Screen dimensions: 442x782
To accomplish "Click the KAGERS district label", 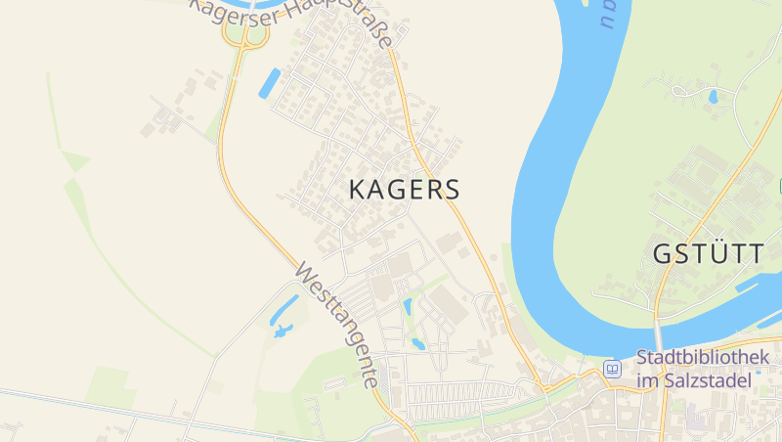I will pos(404,190).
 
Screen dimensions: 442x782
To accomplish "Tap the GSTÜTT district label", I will pos(709,253).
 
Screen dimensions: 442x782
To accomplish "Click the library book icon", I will pos(613,369).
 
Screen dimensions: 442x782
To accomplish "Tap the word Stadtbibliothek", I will pos(702,358).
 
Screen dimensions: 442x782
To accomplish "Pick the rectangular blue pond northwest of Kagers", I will pos(269,83).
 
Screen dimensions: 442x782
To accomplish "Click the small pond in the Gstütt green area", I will pos(714,97).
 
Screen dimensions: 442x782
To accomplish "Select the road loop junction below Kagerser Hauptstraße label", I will pos(245,35).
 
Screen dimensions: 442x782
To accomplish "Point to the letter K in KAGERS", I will pos(358,190).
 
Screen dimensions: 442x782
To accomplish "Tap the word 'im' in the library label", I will pos(646,380).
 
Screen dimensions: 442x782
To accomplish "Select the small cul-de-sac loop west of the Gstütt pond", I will pos(678,92).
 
